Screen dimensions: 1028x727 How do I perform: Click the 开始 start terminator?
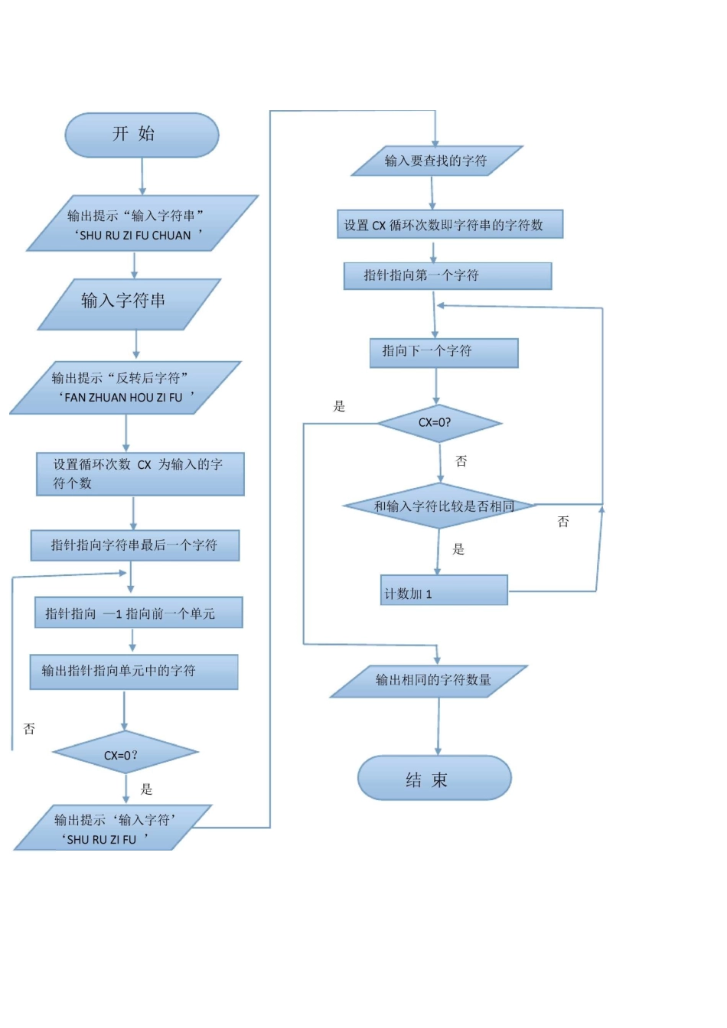142,135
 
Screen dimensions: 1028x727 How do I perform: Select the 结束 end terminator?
434,779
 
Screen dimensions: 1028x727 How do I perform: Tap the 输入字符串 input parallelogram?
129,303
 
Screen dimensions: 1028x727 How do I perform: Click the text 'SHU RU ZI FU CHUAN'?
135,236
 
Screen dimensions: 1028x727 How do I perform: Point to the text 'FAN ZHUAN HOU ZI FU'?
124,398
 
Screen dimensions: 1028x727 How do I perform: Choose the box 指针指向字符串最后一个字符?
135,545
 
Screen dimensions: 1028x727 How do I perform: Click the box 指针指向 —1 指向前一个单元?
139,613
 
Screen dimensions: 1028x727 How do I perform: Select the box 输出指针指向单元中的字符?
134,672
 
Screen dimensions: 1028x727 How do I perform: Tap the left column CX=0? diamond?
125,754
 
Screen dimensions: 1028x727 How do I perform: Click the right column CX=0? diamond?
438,423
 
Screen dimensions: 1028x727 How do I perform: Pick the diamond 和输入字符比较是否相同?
440,506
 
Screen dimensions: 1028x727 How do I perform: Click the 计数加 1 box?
444,591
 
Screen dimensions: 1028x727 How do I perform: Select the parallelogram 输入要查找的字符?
436,161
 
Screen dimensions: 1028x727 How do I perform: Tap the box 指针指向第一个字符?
448,276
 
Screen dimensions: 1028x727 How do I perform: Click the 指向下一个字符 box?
444,353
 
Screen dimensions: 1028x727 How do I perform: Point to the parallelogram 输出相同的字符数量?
430,680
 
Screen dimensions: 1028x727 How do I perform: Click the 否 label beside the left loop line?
29,729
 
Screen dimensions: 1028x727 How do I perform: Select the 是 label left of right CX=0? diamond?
339,406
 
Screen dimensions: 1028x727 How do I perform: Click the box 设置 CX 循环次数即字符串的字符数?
450,225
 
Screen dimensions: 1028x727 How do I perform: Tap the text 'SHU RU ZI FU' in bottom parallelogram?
102,840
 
